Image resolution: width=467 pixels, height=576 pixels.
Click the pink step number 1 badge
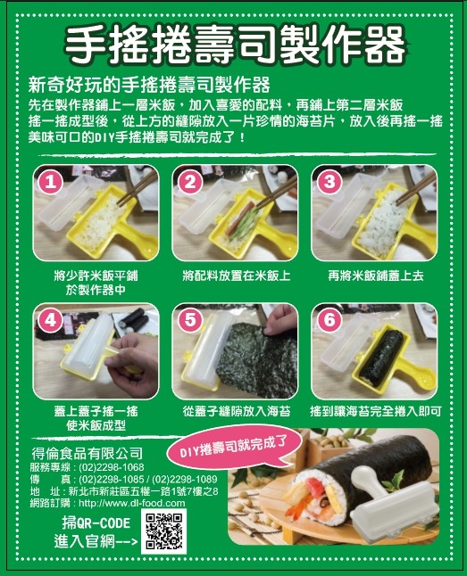[x=50, y=182]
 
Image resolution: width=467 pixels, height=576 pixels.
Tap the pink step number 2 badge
[x=190, y=182]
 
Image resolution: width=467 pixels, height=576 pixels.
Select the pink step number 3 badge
[x=329, y=182]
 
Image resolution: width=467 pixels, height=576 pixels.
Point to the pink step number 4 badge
[x=50, y=321]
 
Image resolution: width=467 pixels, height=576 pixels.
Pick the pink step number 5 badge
[x=190, y=321]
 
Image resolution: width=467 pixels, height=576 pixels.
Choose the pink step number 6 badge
[x=329, y=321]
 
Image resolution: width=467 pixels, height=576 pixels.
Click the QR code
[x=163, y=531]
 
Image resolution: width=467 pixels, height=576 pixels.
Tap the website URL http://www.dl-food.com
[x=132, y=503]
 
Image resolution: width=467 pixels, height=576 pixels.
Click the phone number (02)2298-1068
[x=111, y=467]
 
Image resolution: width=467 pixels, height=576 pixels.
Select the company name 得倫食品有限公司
[x=88, y=454]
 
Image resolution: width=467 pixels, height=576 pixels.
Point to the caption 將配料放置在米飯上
[x=237, y=276]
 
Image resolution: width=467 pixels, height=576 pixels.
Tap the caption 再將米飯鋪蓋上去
[x=376, y=276]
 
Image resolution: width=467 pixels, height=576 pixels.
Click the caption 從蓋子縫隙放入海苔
[x=237, y=411]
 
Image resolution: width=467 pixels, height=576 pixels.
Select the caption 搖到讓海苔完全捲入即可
[x=376, y=411]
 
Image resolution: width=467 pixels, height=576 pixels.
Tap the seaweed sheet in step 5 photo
[x=257, y=359]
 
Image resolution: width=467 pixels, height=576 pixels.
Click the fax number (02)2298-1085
[x=111, y=479]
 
